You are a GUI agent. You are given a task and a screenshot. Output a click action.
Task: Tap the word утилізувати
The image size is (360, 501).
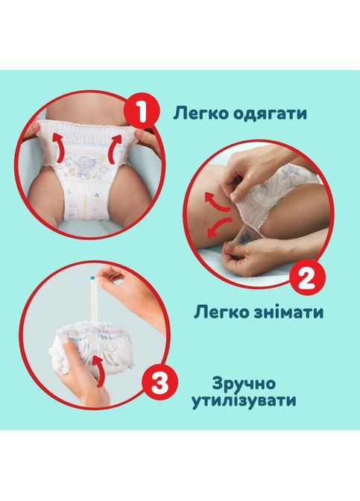tap(253, 400)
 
